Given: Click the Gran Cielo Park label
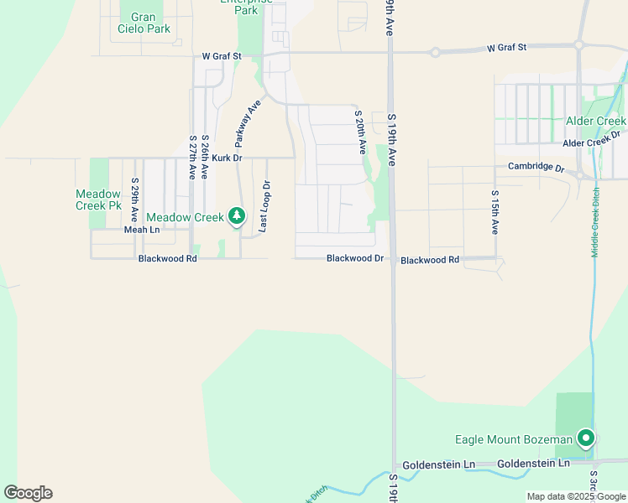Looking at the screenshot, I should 150,23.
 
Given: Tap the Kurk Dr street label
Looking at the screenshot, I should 227,158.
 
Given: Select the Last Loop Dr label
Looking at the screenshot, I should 265,206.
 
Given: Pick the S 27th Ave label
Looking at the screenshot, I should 192,157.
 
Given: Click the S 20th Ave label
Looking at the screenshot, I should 360,132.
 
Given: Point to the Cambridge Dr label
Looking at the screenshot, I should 536,167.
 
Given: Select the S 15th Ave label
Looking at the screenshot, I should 495,211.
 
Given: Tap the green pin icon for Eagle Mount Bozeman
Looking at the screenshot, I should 585,438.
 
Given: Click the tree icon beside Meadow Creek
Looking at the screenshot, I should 237,217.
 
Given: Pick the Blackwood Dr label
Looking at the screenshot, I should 355,259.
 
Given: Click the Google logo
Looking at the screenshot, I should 28,493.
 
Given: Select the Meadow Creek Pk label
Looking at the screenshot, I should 97,200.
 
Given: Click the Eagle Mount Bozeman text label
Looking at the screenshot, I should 513,439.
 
